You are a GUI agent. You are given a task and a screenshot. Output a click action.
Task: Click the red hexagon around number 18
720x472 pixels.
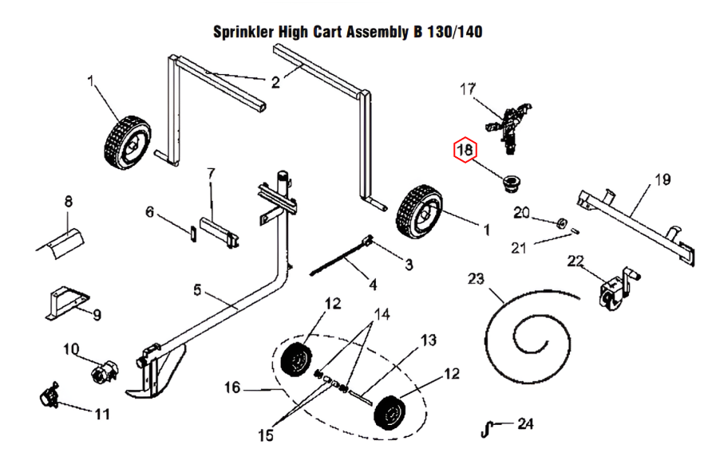465,149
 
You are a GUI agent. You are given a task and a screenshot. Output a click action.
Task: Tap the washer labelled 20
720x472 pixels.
560,222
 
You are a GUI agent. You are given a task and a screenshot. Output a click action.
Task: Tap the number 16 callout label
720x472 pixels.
231,388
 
